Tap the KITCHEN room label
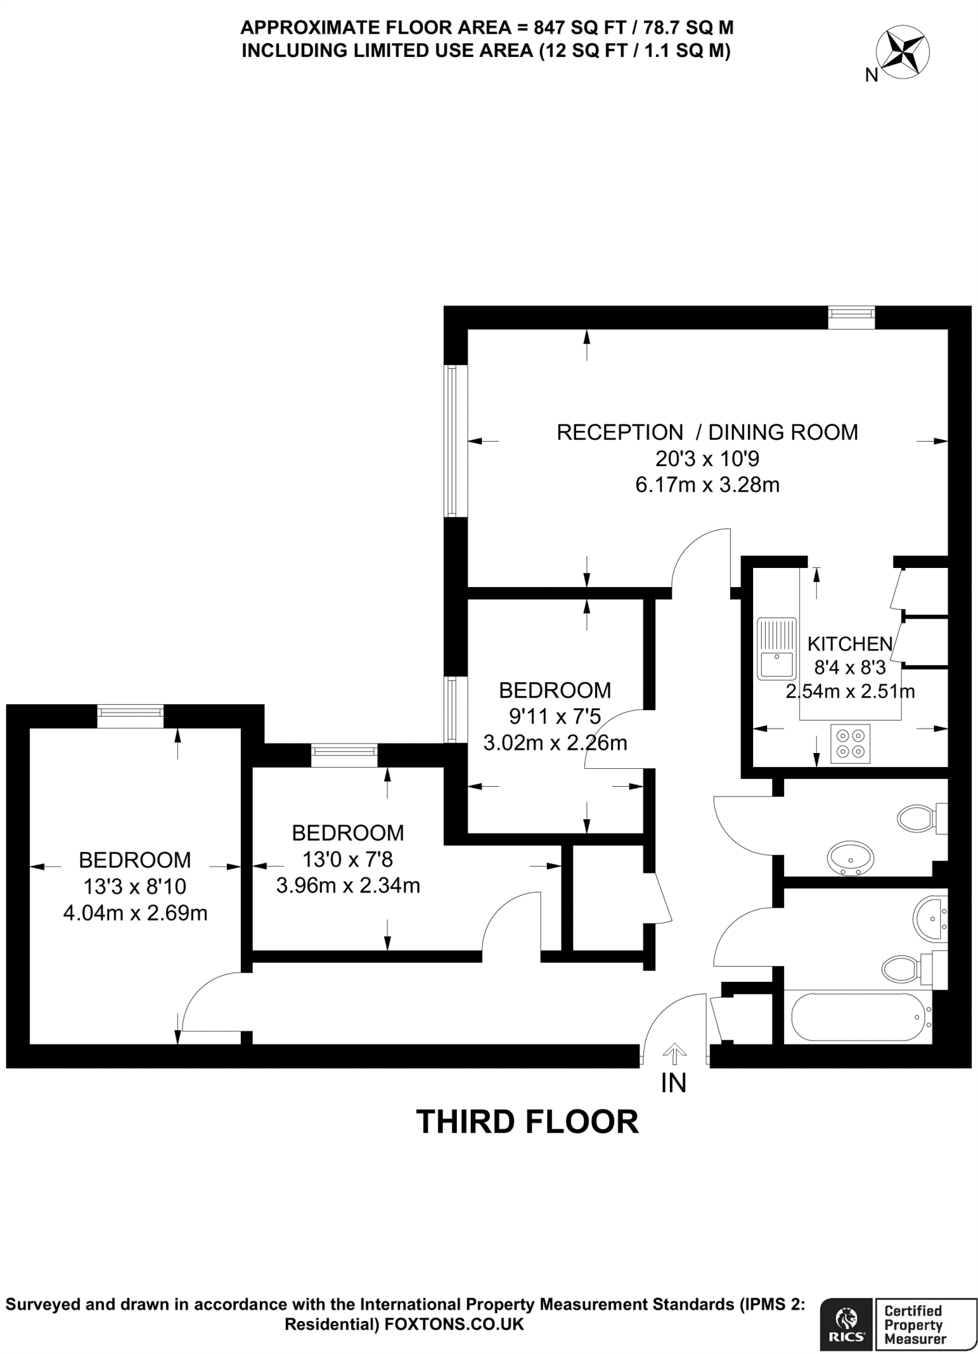850,643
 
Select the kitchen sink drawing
776,648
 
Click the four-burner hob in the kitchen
851,743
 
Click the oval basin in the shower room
850,858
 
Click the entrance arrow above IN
673,1053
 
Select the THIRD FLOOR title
527,1121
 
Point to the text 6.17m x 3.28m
707,485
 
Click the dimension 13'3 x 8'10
135,887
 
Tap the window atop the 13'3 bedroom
130,715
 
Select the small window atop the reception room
852,317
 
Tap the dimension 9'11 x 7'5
555,717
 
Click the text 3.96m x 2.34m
348,885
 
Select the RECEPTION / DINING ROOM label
707,432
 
